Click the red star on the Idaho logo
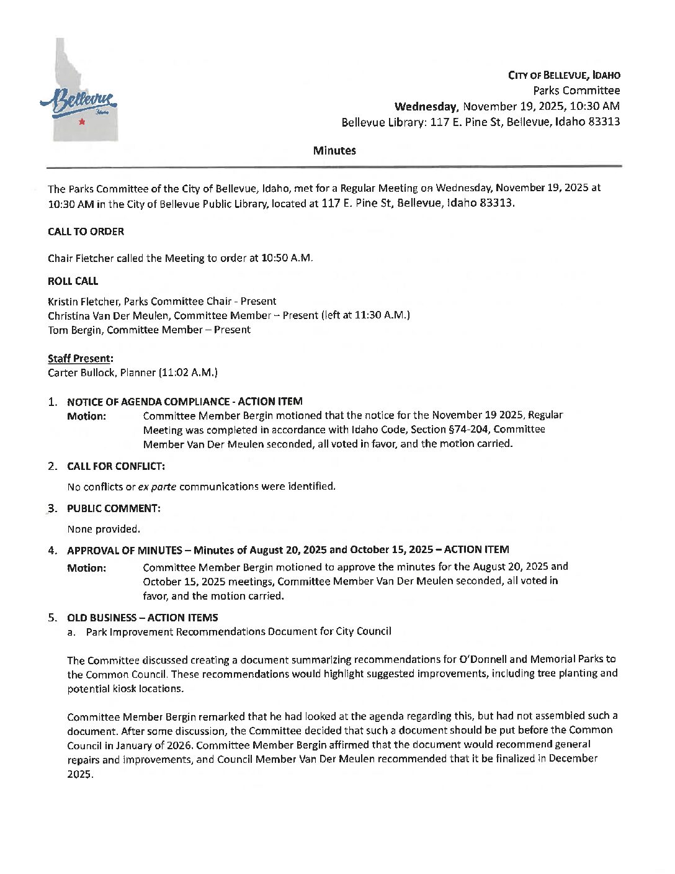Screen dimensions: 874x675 pos(81,122)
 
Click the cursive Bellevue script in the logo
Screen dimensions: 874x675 pos(78,102)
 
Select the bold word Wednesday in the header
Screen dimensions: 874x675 pos(426,106)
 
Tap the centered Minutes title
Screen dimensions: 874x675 pos(334,151)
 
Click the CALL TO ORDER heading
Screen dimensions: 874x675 pos(86,232)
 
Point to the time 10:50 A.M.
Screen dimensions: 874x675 pos(288,258)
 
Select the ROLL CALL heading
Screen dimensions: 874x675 pos(73,281)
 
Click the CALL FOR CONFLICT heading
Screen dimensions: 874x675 pos(115,466)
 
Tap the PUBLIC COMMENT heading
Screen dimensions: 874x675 pos(114,508)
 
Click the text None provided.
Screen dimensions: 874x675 pos(104,529)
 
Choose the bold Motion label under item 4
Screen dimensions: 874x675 pos(86,568)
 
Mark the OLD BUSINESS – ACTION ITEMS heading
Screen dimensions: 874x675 pos(142,618)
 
